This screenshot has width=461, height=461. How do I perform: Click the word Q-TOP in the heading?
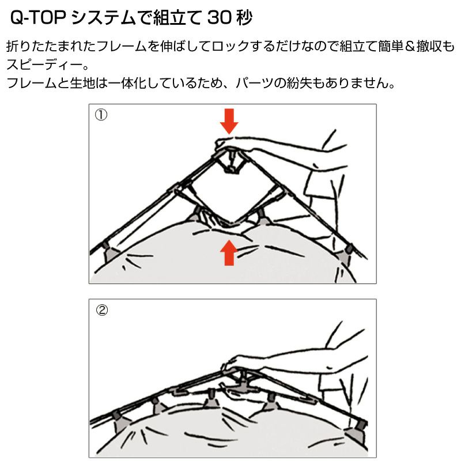tap(37, 18)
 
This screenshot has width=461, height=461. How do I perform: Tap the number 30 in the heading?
tap(220, 18)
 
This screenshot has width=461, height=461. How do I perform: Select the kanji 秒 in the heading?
tap(244, 18)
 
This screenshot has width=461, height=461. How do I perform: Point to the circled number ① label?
tap(101, 115)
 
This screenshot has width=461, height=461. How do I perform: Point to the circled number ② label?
tap(102, 310)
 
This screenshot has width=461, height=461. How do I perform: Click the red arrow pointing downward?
tap(229, 121)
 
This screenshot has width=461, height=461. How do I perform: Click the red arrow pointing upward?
tap(229, 253)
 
